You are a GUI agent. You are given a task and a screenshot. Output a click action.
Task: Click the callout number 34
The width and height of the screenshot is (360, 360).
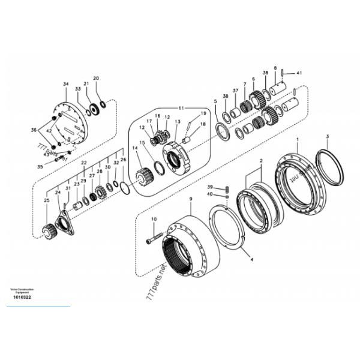click(65, 83)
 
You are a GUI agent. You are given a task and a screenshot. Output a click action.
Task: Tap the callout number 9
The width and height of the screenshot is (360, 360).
click(190, 199)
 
